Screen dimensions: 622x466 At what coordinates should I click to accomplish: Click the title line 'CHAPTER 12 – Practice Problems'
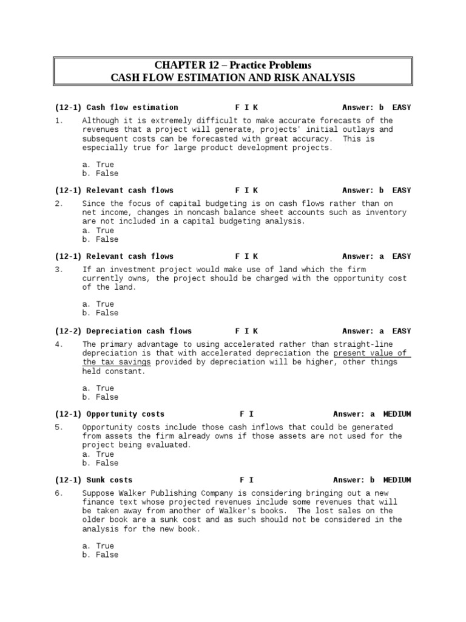pos(232,65)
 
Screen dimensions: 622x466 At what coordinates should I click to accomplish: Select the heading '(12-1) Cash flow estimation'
pos(116,108)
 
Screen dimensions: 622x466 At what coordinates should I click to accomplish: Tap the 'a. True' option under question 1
pos(98,165)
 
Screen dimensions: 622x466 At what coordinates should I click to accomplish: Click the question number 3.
pos(58,269)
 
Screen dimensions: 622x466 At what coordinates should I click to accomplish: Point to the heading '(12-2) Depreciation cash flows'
pos(123,331)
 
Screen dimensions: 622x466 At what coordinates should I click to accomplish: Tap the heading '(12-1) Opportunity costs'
pos(110,414)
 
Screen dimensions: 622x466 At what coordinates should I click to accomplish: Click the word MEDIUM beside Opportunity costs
pos(397,414)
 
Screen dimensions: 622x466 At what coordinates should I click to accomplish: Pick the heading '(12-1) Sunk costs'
pos(93,480)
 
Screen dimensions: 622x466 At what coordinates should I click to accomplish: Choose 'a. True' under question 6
pos(98,546)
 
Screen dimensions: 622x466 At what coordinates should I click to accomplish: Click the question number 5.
pos(58,427)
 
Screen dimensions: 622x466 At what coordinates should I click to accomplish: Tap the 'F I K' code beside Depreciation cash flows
pos(246,331)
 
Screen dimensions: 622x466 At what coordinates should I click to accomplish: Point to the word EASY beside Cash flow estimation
pos(401,108)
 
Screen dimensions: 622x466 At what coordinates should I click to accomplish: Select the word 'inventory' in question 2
pos(386,213)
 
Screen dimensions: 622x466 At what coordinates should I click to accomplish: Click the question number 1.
pos(58,121)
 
